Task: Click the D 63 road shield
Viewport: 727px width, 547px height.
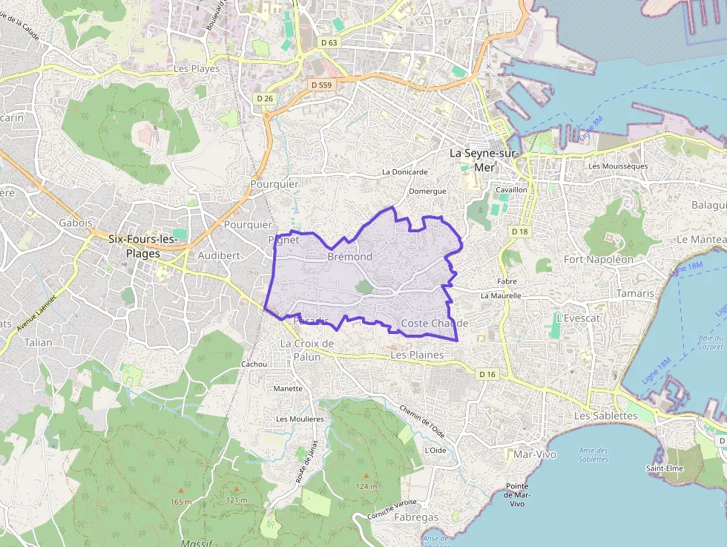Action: (329, 43)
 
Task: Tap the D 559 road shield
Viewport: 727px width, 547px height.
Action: (322, 85)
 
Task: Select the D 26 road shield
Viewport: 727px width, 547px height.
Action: (265, 98)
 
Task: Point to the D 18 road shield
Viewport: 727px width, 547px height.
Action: (520, 232)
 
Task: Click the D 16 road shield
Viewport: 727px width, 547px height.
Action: (487, 374)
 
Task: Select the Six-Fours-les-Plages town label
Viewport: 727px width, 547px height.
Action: (142, 246)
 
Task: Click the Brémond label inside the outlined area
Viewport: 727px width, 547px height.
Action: (349, 257)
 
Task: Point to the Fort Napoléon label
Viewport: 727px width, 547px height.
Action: (599, 260)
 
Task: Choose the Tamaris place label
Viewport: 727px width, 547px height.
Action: (636, 293)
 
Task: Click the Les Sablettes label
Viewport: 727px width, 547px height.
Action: (605, 416)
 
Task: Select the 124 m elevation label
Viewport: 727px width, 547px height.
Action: (366, 486)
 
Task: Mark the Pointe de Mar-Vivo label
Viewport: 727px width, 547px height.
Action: (517, 494)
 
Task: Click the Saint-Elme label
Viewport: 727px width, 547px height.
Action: (664, 468)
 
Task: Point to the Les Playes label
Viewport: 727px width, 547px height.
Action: (196, 68)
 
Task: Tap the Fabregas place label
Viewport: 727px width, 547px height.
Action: (416, 517)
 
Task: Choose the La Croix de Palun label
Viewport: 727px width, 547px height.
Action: (307, 350)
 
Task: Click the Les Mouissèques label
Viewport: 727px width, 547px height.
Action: (618, 166)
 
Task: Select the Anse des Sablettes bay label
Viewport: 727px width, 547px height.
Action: (593, 454)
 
